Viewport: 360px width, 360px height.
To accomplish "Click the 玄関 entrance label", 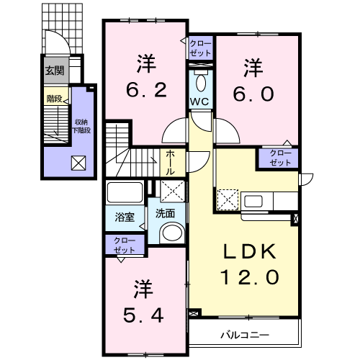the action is (55, 71).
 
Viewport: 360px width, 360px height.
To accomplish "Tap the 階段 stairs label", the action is (55, 99).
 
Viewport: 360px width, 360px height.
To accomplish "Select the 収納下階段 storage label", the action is (81, 126).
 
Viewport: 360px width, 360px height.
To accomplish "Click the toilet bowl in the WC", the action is (201, 82).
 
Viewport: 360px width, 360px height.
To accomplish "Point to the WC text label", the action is (199, 102).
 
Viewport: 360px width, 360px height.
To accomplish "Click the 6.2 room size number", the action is (146, 90).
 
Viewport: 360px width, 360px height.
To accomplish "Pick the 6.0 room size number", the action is (253, 94).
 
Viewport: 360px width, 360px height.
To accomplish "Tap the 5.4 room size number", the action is (143, 315).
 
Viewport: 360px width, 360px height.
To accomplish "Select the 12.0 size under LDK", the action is (250, 276).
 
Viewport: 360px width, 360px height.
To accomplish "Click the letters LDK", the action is (250, 251).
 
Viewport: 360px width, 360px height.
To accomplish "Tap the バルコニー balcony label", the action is (245, 335).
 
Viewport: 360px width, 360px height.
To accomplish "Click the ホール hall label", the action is (170, 163).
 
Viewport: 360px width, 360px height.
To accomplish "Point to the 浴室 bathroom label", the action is (125, 217).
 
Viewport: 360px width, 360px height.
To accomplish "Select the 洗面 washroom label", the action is (165, 213).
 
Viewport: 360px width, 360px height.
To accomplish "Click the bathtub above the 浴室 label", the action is (125, 192).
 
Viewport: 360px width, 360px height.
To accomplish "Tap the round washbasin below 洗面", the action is (173, 234).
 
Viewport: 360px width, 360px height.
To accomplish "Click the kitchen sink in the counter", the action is (253, 201).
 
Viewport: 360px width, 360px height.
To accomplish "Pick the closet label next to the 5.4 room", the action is (125, 246).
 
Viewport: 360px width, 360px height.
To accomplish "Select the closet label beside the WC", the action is (200, 48).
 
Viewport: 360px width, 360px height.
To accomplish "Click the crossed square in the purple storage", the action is (78, 163).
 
